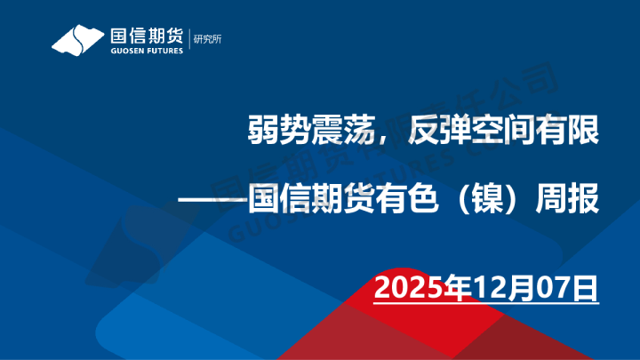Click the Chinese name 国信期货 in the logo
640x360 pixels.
tap(145, 36)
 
